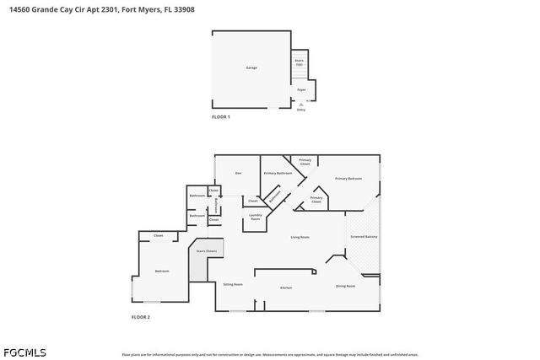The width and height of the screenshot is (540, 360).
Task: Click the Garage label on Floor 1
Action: pyautogui.click(x=251, y=67)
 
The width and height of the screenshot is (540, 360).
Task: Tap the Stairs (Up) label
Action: pyautogui.click(x=299, y=62)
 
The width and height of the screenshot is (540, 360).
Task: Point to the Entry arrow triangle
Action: pyautogui.click(x=301, y=104)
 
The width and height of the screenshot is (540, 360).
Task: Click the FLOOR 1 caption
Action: pyautogui.click(x=220, y=117)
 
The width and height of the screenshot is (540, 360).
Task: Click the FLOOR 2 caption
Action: pyautogui.click(x=140, y=317)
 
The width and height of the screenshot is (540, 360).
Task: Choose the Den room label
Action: pyautogui.click(x=239, y=173)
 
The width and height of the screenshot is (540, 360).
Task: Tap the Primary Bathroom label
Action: pyautogui.click(x=278, y=173)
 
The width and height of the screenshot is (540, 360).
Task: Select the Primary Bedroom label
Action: pyautogui.click(x=348, y=179)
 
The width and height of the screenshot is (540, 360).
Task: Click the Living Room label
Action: pyautogui.click(x=300, y=237)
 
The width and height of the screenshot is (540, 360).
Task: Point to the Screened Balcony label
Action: pyautogui.click(x=364, y=237)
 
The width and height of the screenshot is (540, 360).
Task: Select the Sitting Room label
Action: pyautogui.click(x=233, y=286)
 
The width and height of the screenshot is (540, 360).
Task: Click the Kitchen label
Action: pyautogui.click(x=286, y=288)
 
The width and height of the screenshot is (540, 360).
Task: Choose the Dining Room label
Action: pyautogui.click(x=345, y=287)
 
